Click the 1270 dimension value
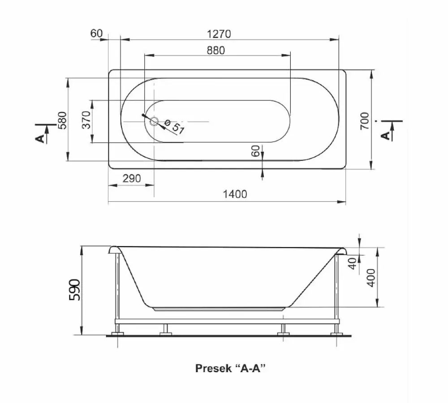(x=219, y=34)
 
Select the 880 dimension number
(x=216, y=50)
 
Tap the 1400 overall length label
(x=235, y=195)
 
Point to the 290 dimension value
(x=132, y=178)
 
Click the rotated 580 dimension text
(x=62, y=120)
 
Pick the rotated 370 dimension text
(x=86, y=120)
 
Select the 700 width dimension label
(x=364, y=121)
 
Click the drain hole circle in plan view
(x=155, y=122)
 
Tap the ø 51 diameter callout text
(x=175, y=127)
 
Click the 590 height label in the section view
(x=75, y=289)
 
